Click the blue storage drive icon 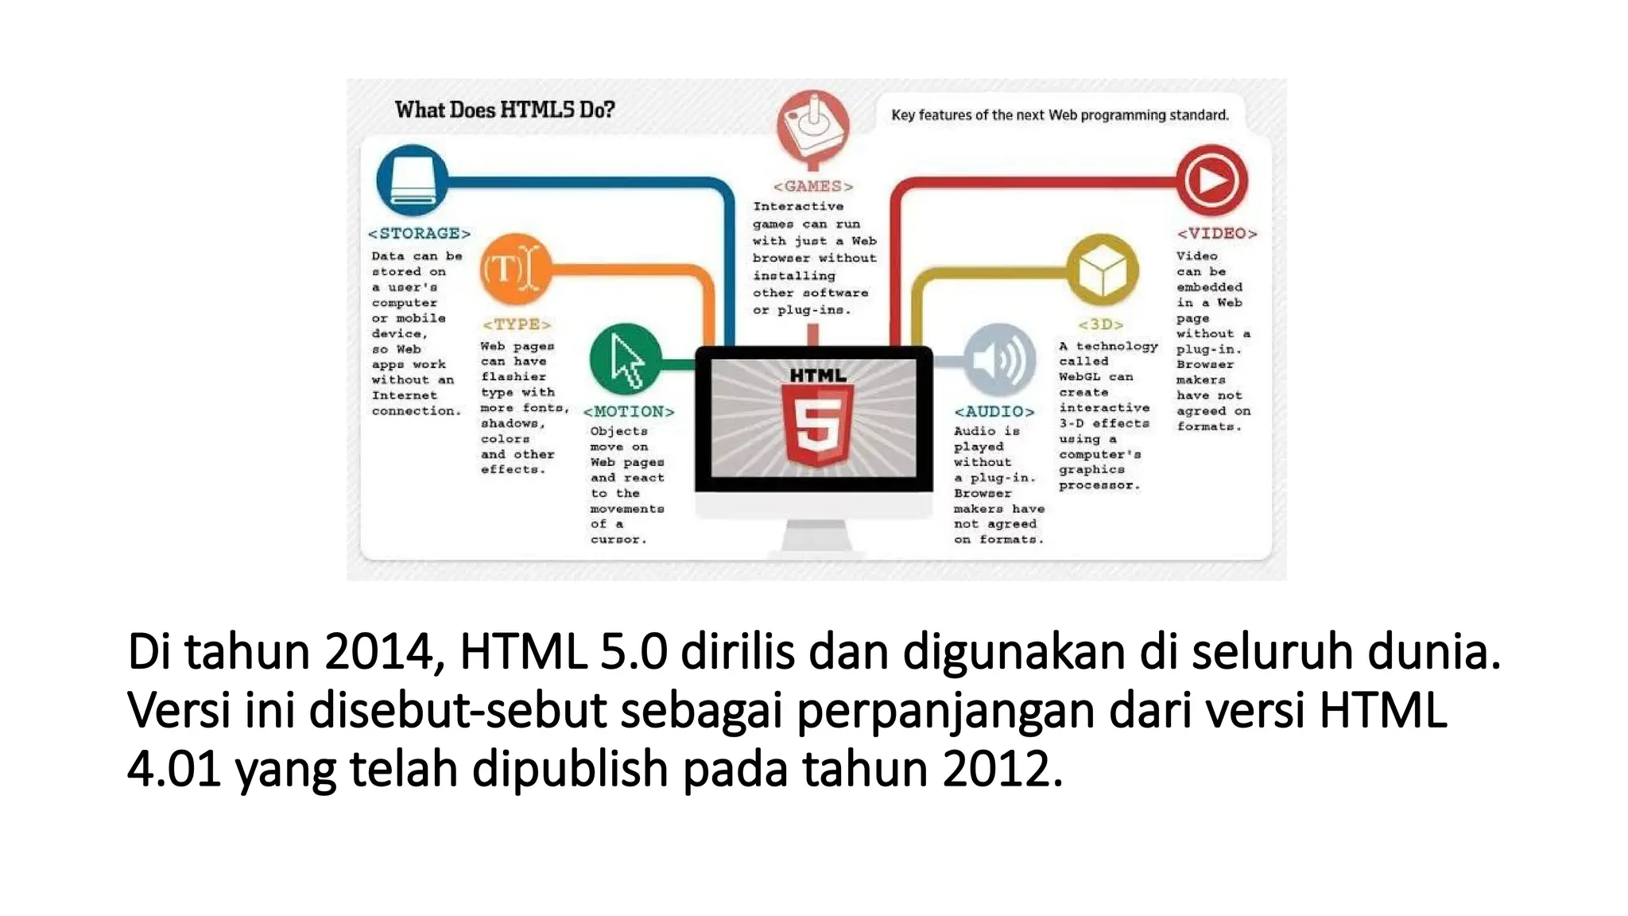click(412, 180)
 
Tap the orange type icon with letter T click(515, 270)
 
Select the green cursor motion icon click(626, 359)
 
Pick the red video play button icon click(1211, 180)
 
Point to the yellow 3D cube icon click(1102, 270)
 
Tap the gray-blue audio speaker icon click(999, 360)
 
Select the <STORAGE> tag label click(419, 234)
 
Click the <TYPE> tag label click(517, 324)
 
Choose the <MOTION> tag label click(628, 412)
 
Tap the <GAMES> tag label click(813, 186)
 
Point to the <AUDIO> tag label click(994, 412)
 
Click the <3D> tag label click(1101, 324)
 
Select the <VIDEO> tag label click(1217, 234)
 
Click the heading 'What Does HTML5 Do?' click(505, 110)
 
